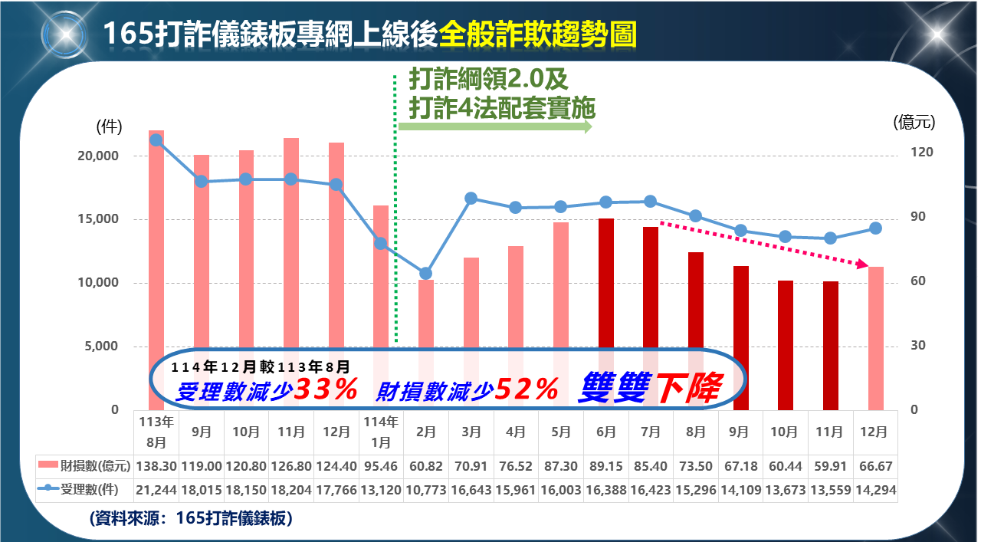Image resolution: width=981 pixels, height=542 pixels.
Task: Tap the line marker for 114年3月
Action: click(471, 199)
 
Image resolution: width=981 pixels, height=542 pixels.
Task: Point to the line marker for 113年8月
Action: click(156, 140)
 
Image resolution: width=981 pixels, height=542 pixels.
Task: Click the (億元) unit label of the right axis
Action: click(914, 121)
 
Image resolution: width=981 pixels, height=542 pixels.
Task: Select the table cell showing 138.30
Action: click(156, 466)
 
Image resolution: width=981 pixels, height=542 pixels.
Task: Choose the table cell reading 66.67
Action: click(876, 466)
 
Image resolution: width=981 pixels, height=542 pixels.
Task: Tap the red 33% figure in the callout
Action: click(326, 390)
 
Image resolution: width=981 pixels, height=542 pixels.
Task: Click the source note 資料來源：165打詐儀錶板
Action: click(191, 518)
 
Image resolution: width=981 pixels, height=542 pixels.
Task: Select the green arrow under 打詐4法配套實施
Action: click(495, 126)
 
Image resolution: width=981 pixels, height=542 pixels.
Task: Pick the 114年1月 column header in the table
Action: click(381, 432)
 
